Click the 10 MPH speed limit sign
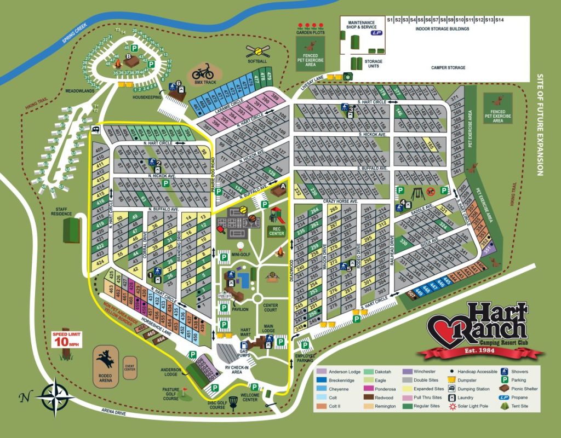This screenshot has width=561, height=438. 65,341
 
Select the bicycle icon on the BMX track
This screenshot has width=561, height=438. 203,72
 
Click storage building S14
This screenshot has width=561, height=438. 499,20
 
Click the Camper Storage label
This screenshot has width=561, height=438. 448,68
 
